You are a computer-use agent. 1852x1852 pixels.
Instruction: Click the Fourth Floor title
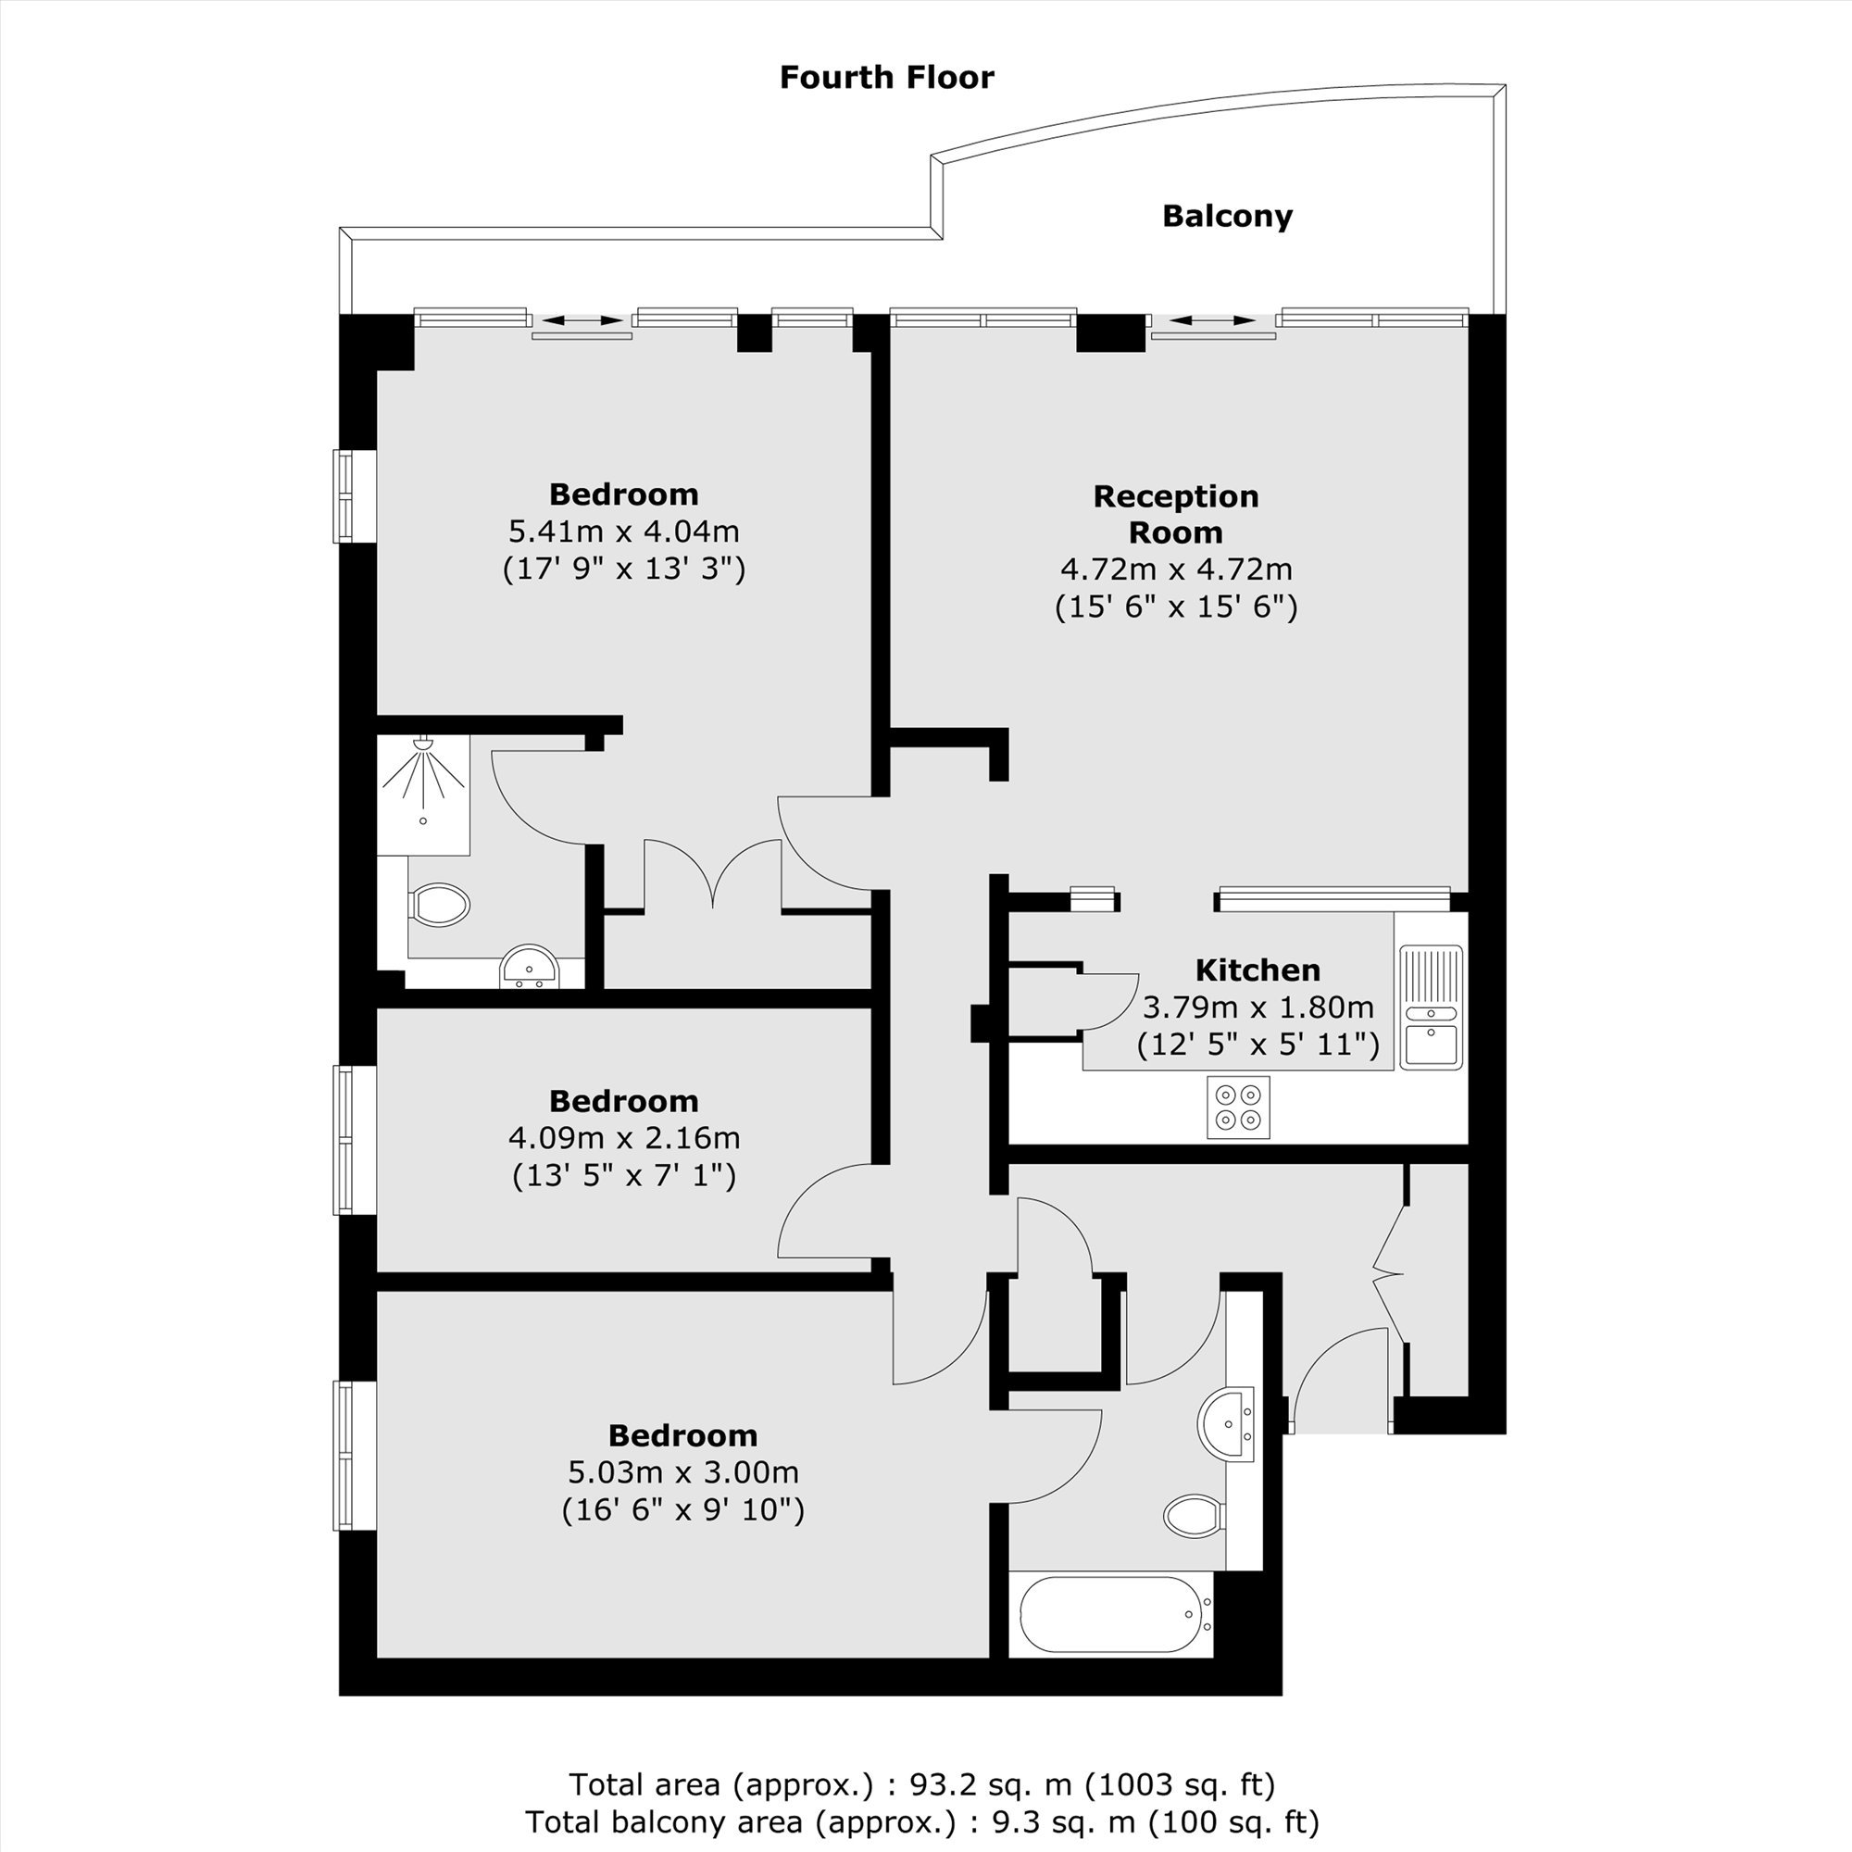(887, 78)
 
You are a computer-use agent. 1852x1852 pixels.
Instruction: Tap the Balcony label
(1227, 217)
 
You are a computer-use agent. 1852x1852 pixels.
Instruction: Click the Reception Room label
(1176, 514)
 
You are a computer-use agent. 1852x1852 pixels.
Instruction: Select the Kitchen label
(1258, 970)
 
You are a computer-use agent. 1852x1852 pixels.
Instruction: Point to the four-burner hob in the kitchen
(1238, 1107)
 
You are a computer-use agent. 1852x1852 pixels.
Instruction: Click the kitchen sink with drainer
(1432, 1007)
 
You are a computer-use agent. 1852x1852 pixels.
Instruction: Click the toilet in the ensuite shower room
(440, 904)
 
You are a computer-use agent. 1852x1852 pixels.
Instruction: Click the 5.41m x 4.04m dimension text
(624, 531)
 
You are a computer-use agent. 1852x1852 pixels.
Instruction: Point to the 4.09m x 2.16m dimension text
(624, 1138)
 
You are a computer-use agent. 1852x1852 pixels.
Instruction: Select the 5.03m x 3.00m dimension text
(682, 1471)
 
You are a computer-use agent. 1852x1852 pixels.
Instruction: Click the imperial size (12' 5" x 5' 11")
(1258, 1044)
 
